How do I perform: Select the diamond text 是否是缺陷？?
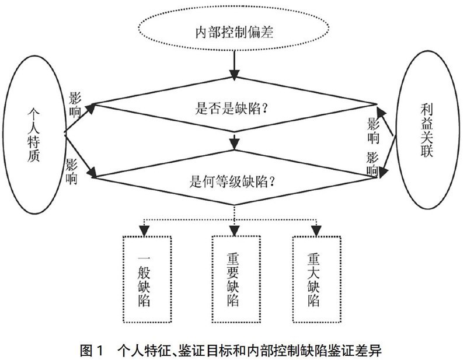click(x=232, y=108)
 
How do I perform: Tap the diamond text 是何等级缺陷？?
click(x=232, y=181)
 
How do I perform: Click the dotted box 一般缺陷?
click(x=124, y=279)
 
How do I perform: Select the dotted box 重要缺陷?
click(x=212, y=279)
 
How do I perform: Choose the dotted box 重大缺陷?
click(x=293, y=279)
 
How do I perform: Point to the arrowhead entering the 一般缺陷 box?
click(x=144, y=230)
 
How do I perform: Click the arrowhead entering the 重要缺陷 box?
click(x=235, y=230)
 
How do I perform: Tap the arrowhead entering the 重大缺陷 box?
click(x=316, y=230)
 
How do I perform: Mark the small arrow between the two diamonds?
click(x=235, y=142)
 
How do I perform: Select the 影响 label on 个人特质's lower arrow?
click(x=71, y=171)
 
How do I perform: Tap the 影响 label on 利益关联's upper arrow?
click(x=374, y=131)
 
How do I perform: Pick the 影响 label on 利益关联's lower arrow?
click(x=372, y=163)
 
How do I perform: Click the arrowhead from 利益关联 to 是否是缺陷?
click(x=381, y=112)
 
